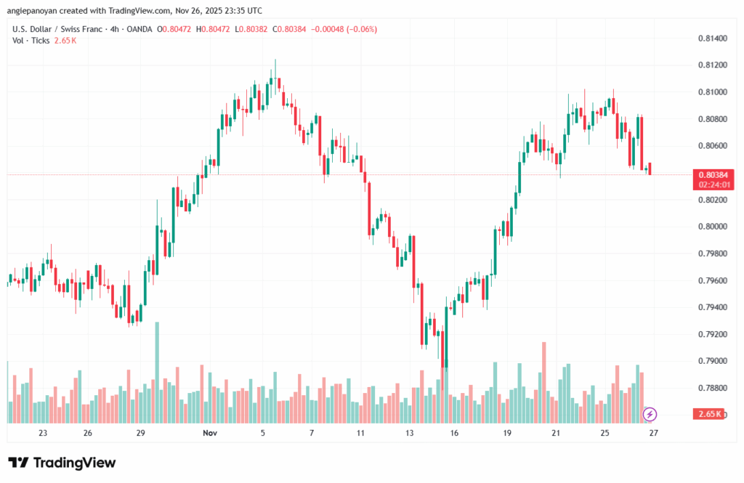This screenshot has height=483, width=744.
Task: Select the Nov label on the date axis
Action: (x=210, y=434)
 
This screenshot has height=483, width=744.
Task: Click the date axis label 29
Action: (x=141, y=434)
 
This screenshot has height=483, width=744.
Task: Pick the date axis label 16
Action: (x=454, y=434)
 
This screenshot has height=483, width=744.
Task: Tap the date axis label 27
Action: (x=653, y=434)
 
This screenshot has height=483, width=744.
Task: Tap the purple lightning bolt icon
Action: (x=650, y=415)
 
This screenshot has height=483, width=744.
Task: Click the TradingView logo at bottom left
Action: (x=62, y=463)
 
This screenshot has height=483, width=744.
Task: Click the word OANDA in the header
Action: (x=137, y=29)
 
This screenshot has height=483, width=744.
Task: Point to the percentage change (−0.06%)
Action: (x=363, y=29)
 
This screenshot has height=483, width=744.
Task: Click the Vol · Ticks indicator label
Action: (x=31, y=41)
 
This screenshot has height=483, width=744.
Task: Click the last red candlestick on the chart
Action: (x=650, y=169)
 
